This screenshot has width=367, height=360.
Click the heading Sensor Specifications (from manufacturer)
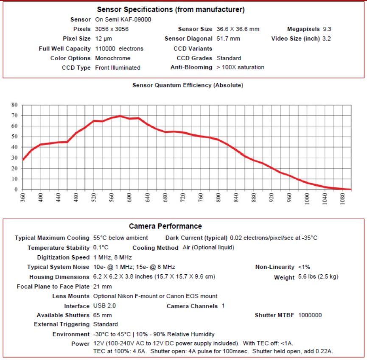point(171,9)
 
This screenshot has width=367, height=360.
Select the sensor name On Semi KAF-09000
point(123,20)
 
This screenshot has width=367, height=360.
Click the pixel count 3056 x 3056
point(112,29)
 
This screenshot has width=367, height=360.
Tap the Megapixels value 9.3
point(327,29)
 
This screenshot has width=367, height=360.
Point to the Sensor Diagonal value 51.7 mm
point(228,39)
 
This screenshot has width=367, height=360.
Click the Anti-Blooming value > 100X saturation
point(240,67)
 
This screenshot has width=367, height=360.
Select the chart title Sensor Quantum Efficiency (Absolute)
point(188,85)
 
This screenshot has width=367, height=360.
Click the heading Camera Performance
point(165,226)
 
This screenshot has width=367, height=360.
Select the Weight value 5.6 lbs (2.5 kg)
point(318,277)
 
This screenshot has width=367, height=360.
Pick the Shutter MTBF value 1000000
point(310,315)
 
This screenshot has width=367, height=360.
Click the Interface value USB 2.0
point(104,306)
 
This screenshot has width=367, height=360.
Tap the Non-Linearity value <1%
point(304,267)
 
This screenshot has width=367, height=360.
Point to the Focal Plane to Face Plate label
point(53,287)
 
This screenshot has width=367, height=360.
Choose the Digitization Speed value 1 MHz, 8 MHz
point(112,257)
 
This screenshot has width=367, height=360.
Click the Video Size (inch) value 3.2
point(327,39)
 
